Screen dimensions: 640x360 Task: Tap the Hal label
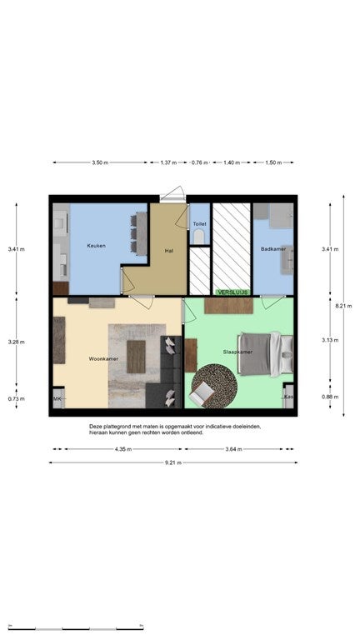click(169, 250)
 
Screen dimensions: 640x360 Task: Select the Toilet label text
click(199, 224)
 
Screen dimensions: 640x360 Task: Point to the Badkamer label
click(272, 249)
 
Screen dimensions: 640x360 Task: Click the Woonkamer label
click(103, 358)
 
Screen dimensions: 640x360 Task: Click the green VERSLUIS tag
click(232, 292)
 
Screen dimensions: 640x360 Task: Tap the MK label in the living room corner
click(57, 400)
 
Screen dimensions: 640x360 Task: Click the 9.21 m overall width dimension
click(173, 462)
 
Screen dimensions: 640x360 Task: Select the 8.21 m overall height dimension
click(342, 306)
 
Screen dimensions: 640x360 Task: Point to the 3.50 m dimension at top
click(100, 163)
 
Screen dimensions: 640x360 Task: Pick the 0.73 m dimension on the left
click(16, 399)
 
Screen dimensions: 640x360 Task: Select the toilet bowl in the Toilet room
click(197, 237)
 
